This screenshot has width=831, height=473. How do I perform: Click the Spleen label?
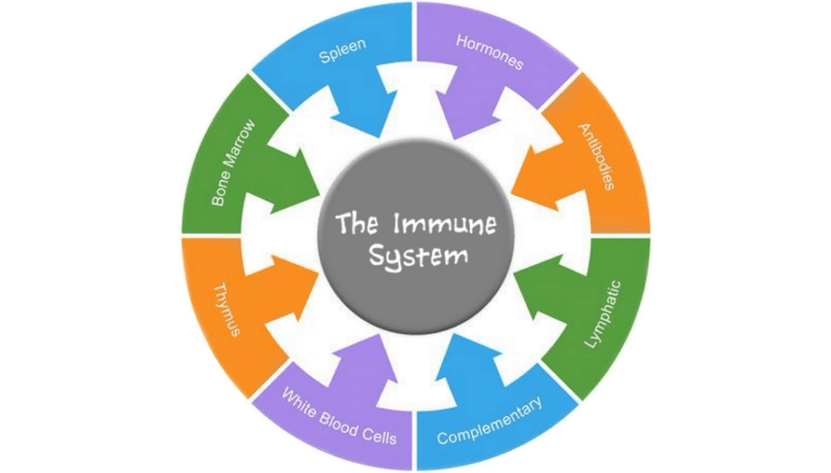click(x=342, y=52)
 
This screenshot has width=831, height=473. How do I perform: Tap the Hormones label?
click(x=490, y=52)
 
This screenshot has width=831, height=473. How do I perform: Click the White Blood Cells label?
click(x=340, y=418)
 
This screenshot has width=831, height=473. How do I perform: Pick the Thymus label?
click(x=228, y=310)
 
